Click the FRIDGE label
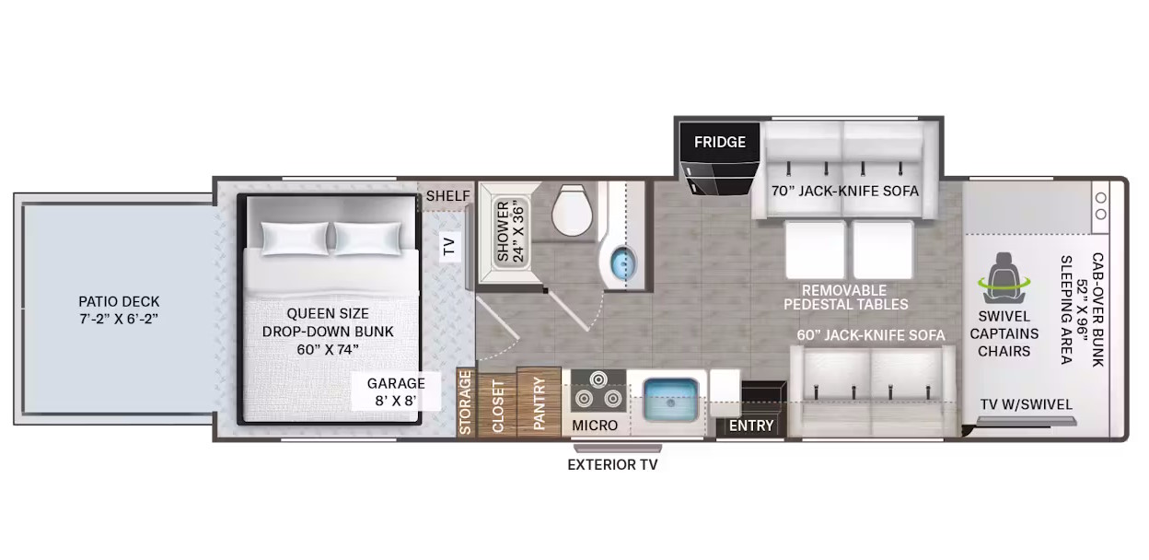tap(720, 142)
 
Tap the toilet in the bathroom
tap(572, 210)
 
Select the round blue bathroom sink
tap(623, 262)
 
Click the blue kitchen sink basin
tap(670, 400)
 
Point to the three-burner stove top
tap(598, 391)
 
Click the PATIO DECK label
tap(119, 310)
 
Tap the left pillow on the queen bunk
tap(295, 239)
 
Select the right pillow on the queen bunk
tap(367, 239)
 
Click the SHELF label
tap(447, 196)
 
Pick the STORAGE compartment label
tap(465, 402)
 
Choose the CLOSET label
tap(498, 406)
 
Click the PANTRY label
tap(539, 403)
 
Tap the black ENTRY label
tap(751, 426)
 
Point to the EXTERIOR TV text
tap(612, 465)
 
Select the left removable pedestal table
tap(816, 250)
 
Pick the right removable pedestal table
tap(883, 250)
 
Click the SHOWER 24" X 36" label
tap(510, 232)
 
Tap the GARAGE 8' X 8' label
tap(396, 391)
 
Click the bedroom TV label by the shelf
tap(449, 246)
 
